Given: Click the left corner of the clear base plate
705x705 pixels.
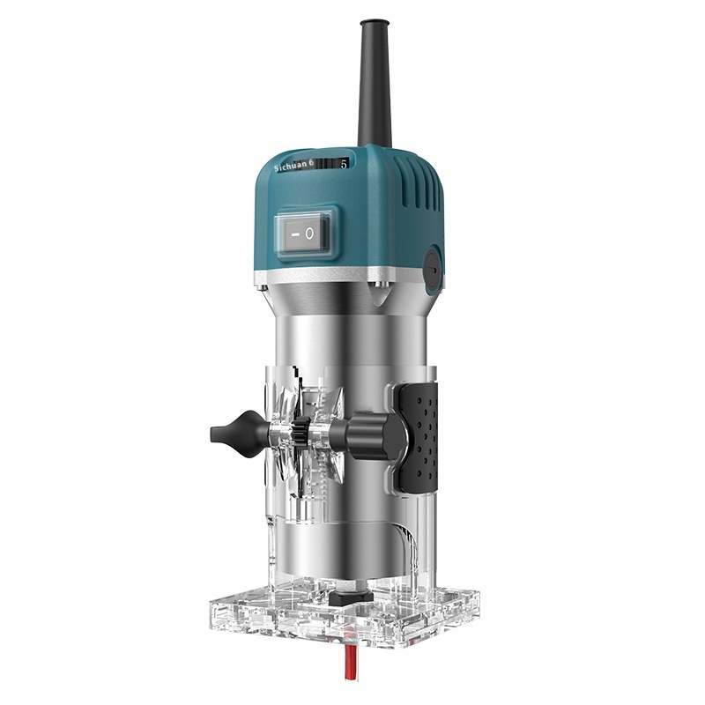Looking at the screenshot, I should (x=211, y=609).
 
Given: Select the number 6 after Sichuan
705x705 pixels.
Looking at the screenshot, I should (x=321, y=164).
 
